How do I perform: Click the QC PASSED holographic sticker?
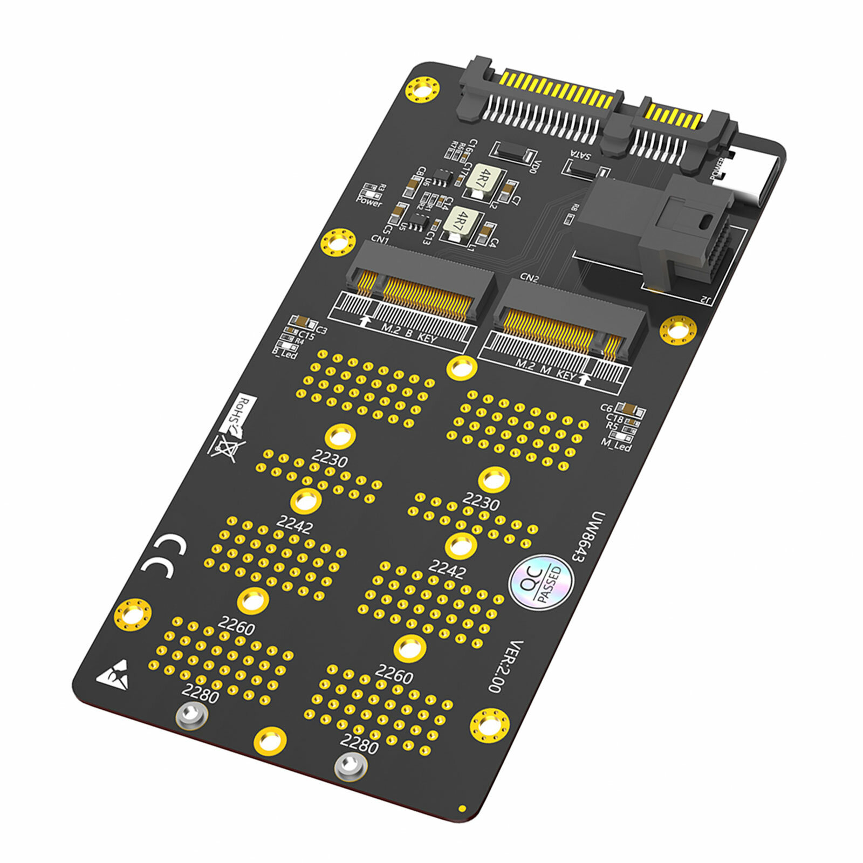pos(542,582)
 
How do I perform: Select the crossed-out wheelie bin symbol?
pos(226,447)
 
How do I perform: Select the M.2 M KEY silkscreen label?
pos(545,370)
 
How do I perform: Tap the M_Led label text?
pos(616,444)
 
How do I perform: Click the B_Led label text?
pos(284,353)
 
